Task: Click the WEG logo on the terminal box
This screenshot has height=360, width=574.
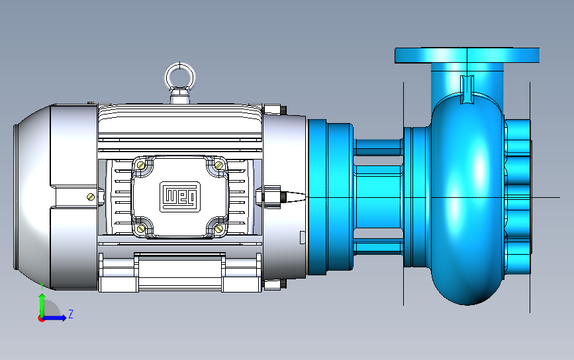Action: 180,197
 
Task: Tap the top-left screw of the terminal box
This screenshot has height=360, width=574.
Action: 141,165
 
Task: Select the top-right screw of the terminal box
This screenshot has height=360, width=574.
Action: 219,165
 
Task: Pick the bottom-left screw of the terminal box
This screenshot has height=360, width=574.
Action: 141,229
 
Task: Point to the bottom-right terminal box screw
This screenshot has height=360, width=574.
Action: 219,229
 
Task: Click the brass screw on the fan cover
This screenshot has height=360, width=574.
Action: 91,197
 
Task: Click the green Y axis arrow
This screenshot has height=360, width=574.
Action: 42,305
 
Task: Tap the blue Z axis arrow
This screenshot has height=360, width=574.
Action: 54,318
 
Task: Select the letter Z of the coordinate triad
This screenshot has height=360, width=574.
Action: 71,314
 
